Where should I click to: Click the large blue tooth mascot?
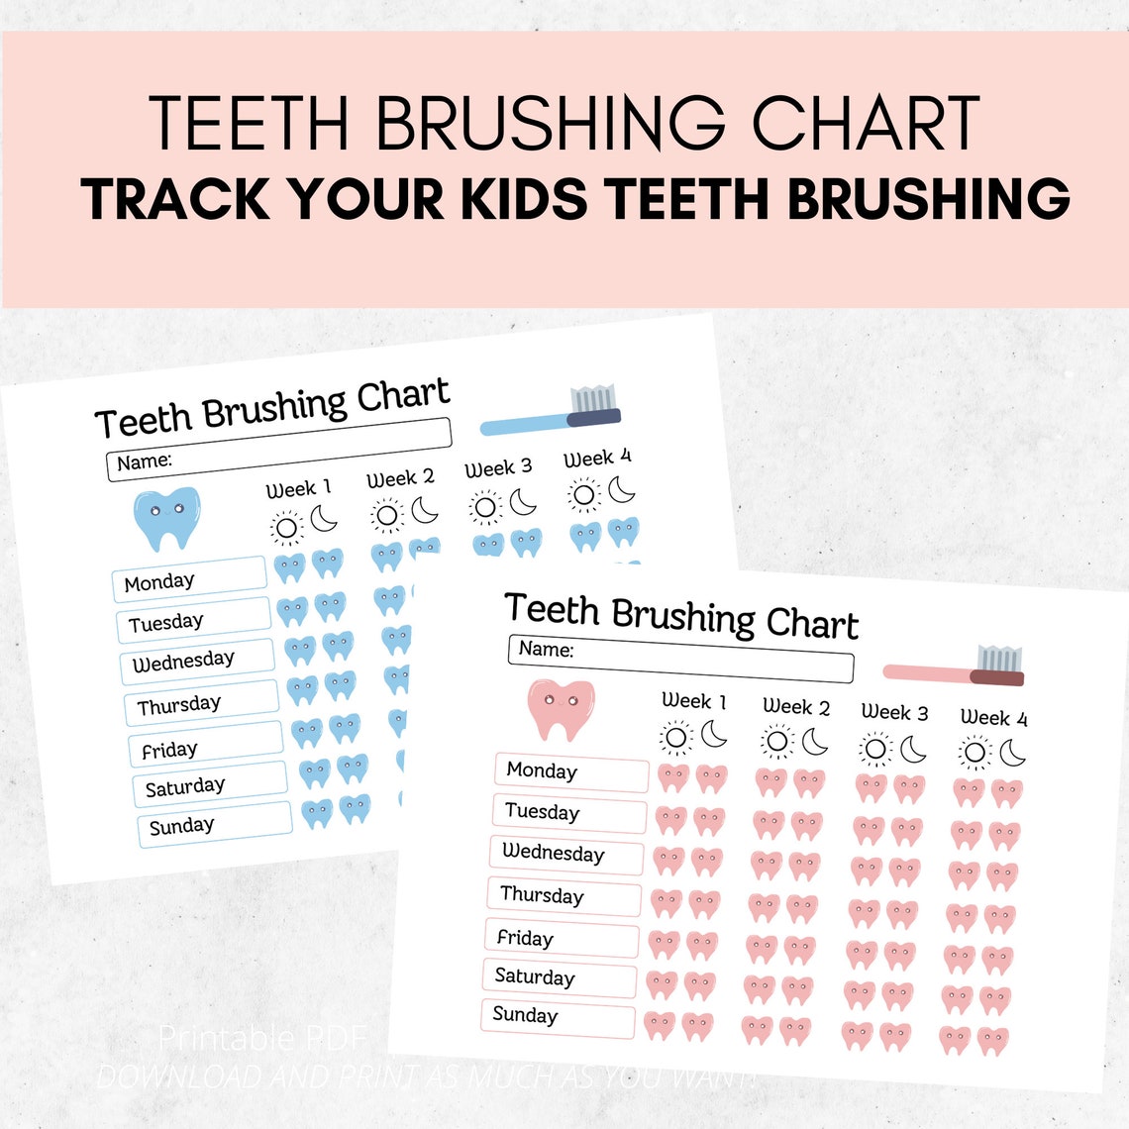[167, 517]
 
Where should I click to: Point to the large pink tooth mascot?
[561, 708]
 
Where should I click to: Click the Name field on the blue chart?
[278, 450]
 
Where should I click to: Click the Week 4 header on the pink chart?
[993, 718]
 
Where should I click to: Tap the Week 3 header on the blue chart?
[498, 468]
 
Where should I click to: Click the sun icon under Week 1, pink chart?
[676, 738]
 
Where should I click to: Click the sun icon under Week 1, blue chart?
[286, 527]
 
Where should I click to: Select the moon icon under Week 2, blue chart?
[425, 510]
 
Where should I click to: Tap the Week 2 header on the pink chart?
[796, 707]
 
